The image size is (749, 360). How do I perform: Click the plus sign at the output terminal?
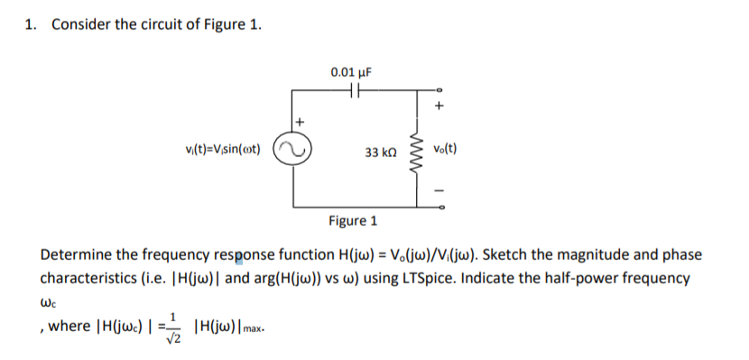439,106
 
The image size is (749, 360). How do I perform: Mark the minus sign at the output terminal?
440,190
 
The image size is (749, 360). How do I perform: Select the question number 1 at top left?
32,24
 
